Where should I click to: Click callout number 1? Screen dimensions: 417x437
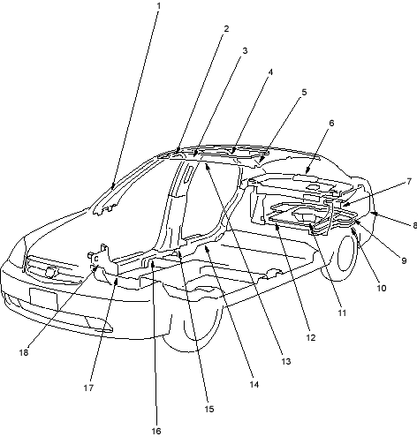click(159, 5)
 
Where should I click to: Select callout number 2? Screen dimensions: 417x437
click(226, 28)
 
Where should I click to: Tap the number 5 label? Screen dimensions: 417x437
click(304, 92)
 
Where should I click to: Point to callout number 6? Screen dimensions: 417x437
click(331, 123)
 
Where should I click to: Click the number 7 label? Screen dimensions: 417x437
click(409, 182)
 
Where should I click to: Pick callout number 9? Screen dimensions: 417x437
click(404, 260)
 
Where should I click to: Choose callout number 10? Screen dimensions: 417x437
click(382, 288)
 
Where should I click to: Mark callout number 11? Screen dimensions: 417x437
click(342, 313)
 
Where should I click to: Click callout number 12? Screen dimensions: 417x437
click(311, 337)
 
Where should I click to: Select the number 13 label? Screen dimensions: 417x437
click(286, 361)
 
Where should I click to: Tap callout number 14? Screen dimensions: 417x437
click(254, 384)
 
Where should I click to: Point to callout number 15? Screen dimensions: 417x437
click(209, 409)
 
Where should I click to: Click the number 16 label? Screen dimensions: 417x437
click(156, 431)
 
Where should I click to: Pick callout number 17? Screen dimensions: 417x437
click(88, 388)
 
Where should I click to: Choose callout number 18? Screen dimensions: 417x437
click(24, 352)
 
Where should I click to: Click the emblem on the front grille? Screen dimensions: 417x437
click(51, 272)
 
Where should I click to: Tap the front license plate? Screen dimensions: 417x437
click(43, 298)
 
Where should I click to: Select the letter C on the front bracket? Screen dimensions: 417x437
click(96, 259)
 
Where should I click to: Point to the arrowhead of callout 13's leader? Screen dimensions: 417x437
click(207, 167)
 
